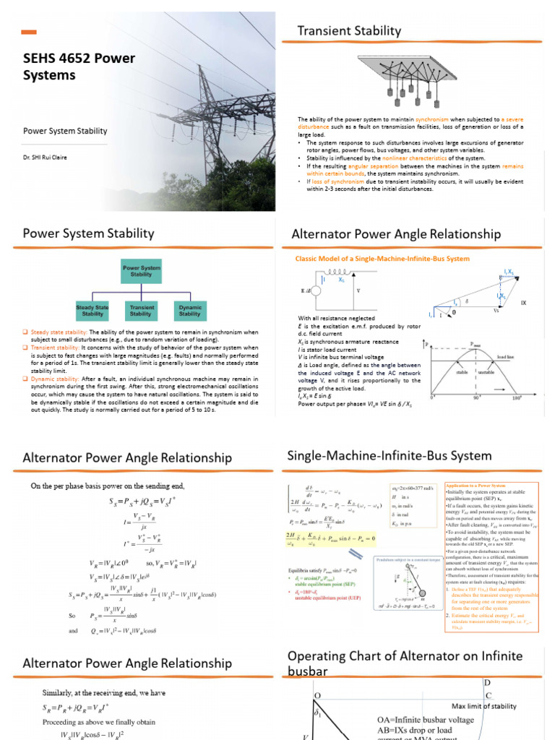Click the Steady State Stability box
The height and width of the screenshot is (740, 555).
[x=92, y=311]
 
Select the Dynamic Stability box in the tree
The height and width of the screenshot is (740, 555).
[x=190, y=311]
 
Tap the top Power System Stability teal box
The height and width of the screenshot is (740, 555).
[x=141, y=271]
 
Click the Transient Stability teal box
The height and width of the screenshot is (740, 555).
[x=141, y=311]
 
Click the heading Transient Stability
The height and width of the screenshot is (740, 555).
[x=349, y=30]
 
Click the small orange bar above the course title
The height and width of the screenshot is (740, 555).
[x=30, y=32]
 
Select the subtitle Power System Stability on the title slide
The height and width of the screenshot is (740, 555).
[x=65, y=131]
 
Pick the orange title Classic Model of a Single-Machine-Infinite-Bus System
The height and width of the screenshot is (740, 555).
[x=382, y=258]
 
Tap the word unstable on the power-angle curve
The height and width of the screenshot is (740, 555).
[x=486, y=373]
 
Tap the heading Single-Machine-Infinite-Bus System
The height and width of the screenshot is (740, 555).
[x=389, y=455]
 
